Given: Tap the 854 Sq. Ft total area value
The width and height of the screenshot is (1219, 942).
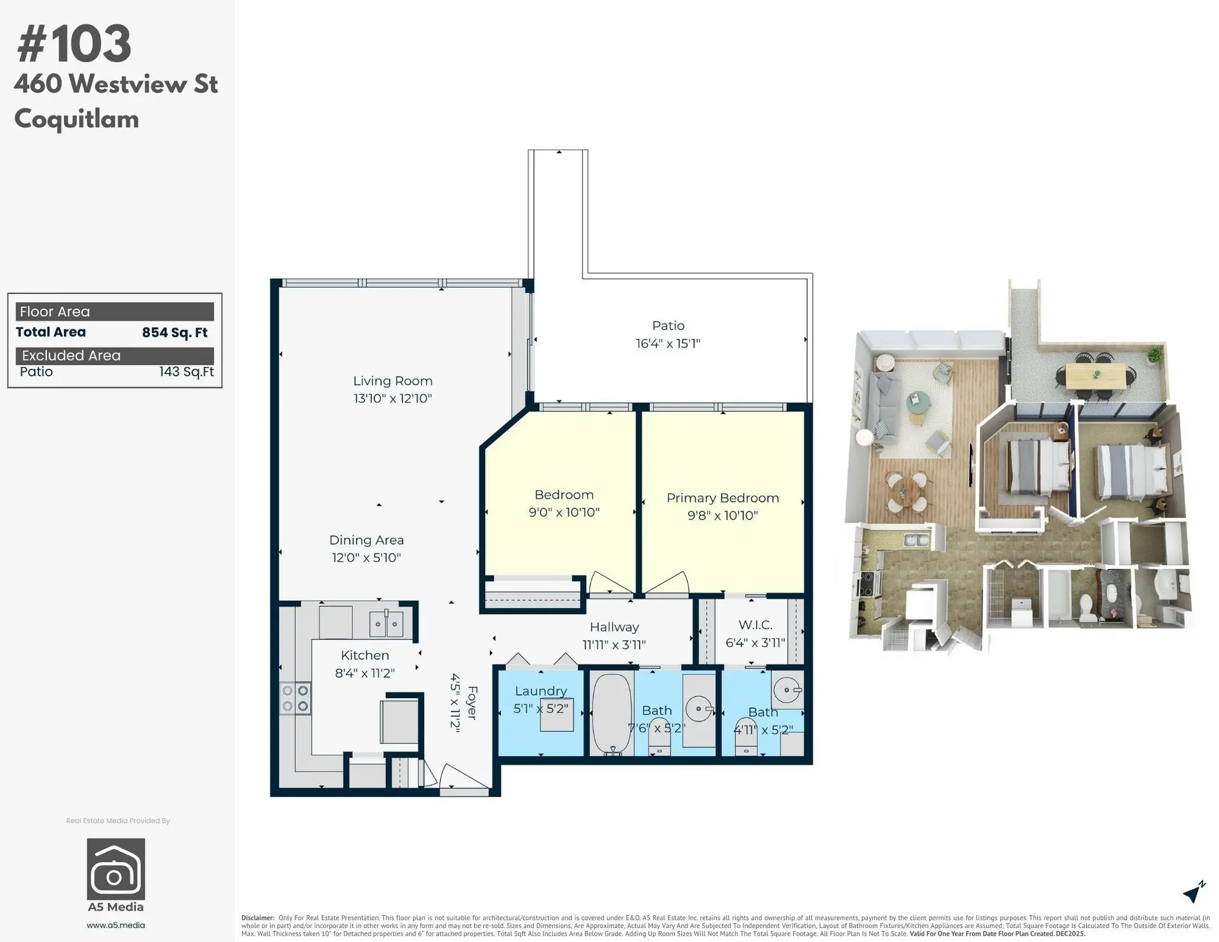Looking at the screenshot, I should coord(175,332).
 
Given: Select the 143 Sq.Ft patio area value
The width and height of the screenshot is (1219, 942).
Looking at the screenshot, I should coord(186,372).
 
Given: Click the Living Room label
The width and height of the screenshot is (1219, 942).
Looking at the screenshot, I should coord(392,381).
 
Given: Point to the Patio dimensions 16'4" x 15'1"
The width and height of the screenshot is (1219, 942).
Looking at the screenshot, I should coord(668,344).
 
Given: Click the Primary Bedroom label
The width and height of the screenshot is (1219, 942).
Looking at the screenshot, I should coord(723,498).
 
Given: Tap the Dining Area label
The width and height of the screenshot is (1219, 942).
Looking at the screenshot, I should coord(366,540).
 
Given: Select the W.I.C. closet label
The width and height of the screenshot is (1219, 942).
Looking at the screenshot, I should coord(755,625).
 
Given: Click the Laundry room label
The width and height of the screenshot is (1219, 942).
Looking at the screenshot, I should coord(540,691).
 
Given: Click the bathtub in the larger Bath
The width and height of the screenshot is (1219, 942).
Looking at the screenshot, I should coord(612,713).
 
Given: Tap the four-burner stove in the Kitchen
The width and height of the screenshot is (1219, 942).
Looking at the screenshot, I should coord(295,698).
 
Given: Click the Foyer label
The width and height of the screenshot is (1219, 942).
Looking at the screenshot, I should coord(472,703).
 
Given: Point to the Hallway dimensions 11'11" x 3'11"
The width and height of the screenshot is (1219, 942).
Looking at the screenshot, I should coord(614,645).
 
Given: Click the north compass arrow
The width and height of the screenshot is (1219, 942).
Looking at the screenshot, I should coord(1194,892).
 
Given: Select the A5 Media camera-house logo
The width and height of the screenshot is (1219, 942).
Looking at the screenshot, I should coord(116,868).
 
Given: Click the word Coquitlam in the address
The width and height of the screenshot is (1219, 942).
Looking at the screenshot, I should coord(76,119).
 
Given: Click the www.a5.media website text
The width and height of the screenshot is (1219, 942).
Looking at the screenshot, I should coord(116,925).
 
